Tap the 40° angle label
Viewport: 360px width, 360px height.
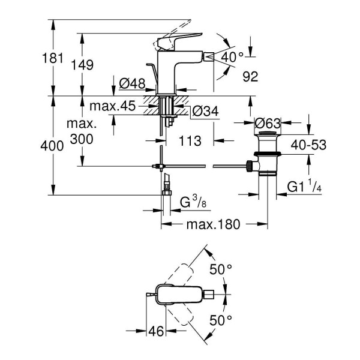coord(232,57)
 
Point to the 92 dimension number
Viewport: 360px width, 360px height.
coord(249,77)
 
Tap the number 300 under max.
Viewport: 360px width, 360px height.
coord(82,139)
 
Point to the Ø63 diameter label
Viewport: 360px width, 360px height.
coord(268,124)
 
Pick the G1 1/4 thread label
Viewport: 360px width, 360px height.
coord(303,188)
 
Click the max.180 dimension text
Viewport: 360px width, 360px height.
coord(212,224)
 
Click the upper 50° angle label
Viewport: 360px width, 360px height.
coord(220,269)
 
